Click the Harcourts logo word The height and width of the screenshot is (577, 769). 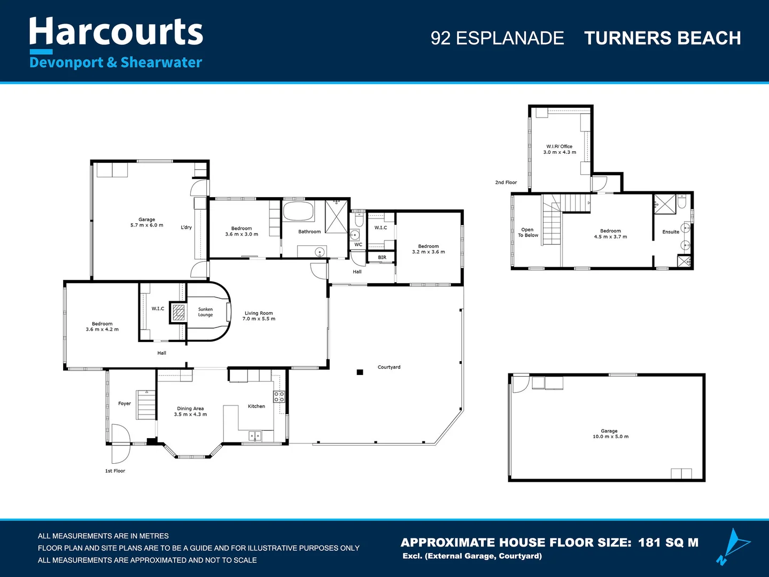[116, 32]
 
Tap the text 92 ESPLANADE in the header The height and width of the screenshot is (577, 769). [497, 38]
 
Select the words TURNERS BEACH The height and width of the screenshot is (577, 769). [662, 38]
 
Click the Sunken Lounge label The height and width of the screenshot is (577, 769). [205, 312]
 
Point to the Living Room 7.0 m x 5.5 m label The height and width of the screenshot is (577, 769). [259, 316]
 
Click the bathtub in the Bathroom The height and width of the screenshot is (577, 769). [299, 211]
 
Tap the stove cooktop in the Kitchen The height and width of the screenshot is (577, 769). [279, 396]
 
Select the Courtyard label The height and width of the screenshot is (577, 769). [389, 367]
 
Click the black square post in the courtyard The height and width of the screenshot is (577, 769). [360, 372]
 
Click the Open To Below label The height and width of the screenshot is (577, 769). [528, 232]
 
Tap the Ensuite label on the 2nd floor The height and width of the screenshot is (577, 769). [671, 232]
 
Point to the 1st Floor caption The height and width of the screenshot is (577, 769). [115, 471]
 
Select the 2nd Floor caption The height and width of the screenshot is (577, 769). [506, 183]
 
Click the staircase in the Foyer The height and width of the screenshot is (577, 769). [146, 404]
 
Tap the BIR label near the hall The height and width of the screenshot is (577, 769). [382, 258]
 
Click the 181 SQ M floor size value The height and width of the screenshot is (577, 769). [668, 543]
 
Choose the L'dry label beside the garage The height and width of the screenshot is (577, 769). [186, 228]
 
